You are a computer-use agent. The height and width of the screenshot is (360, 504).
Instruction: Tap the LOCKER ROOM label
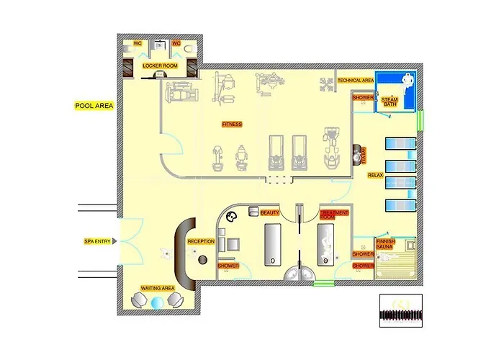(x=159, y=66)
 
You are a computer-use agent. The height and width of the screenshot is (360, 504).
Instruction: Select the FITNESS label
(x=231, y=124)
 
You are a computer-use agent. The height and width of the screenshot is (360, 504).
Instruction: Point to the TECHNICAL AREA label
(x=356, y=81)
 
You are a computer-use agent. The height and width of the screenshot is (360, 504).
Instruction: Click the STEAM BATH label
(x=389, y=102)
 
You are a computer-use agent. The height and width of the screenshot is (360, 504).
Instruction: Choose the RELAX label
(x=375, y=175)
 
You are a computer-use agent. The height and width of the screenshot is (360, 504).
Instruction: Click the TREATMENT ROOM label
(x=335, y=215)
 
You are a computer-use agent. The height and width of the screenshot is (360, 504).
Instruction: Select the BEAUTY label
(x=270, y=213)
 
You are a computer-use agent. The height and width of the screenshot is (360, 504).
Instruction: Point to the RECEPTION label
(x=201, y=241)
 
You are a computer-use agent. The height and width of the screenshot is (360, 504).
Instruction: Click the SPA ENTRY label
(x=97, y=241)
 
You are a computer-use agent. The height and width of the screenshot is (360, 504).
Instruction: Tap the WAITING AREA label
(x=158, y=288)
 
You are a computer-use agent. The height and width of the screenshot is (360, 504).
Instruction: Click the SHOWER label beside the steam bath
(x=363, y=97)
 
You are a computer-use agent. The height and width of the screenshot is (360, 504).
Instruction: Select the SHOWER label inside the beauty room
(x=228, y=266)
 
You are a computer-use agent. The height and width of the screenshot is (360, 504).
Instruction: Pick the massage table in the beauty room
(x=273, y=245)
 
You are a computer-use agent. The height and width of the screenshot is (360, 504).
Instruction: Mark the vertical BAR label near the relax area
(x=365, y=155)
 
